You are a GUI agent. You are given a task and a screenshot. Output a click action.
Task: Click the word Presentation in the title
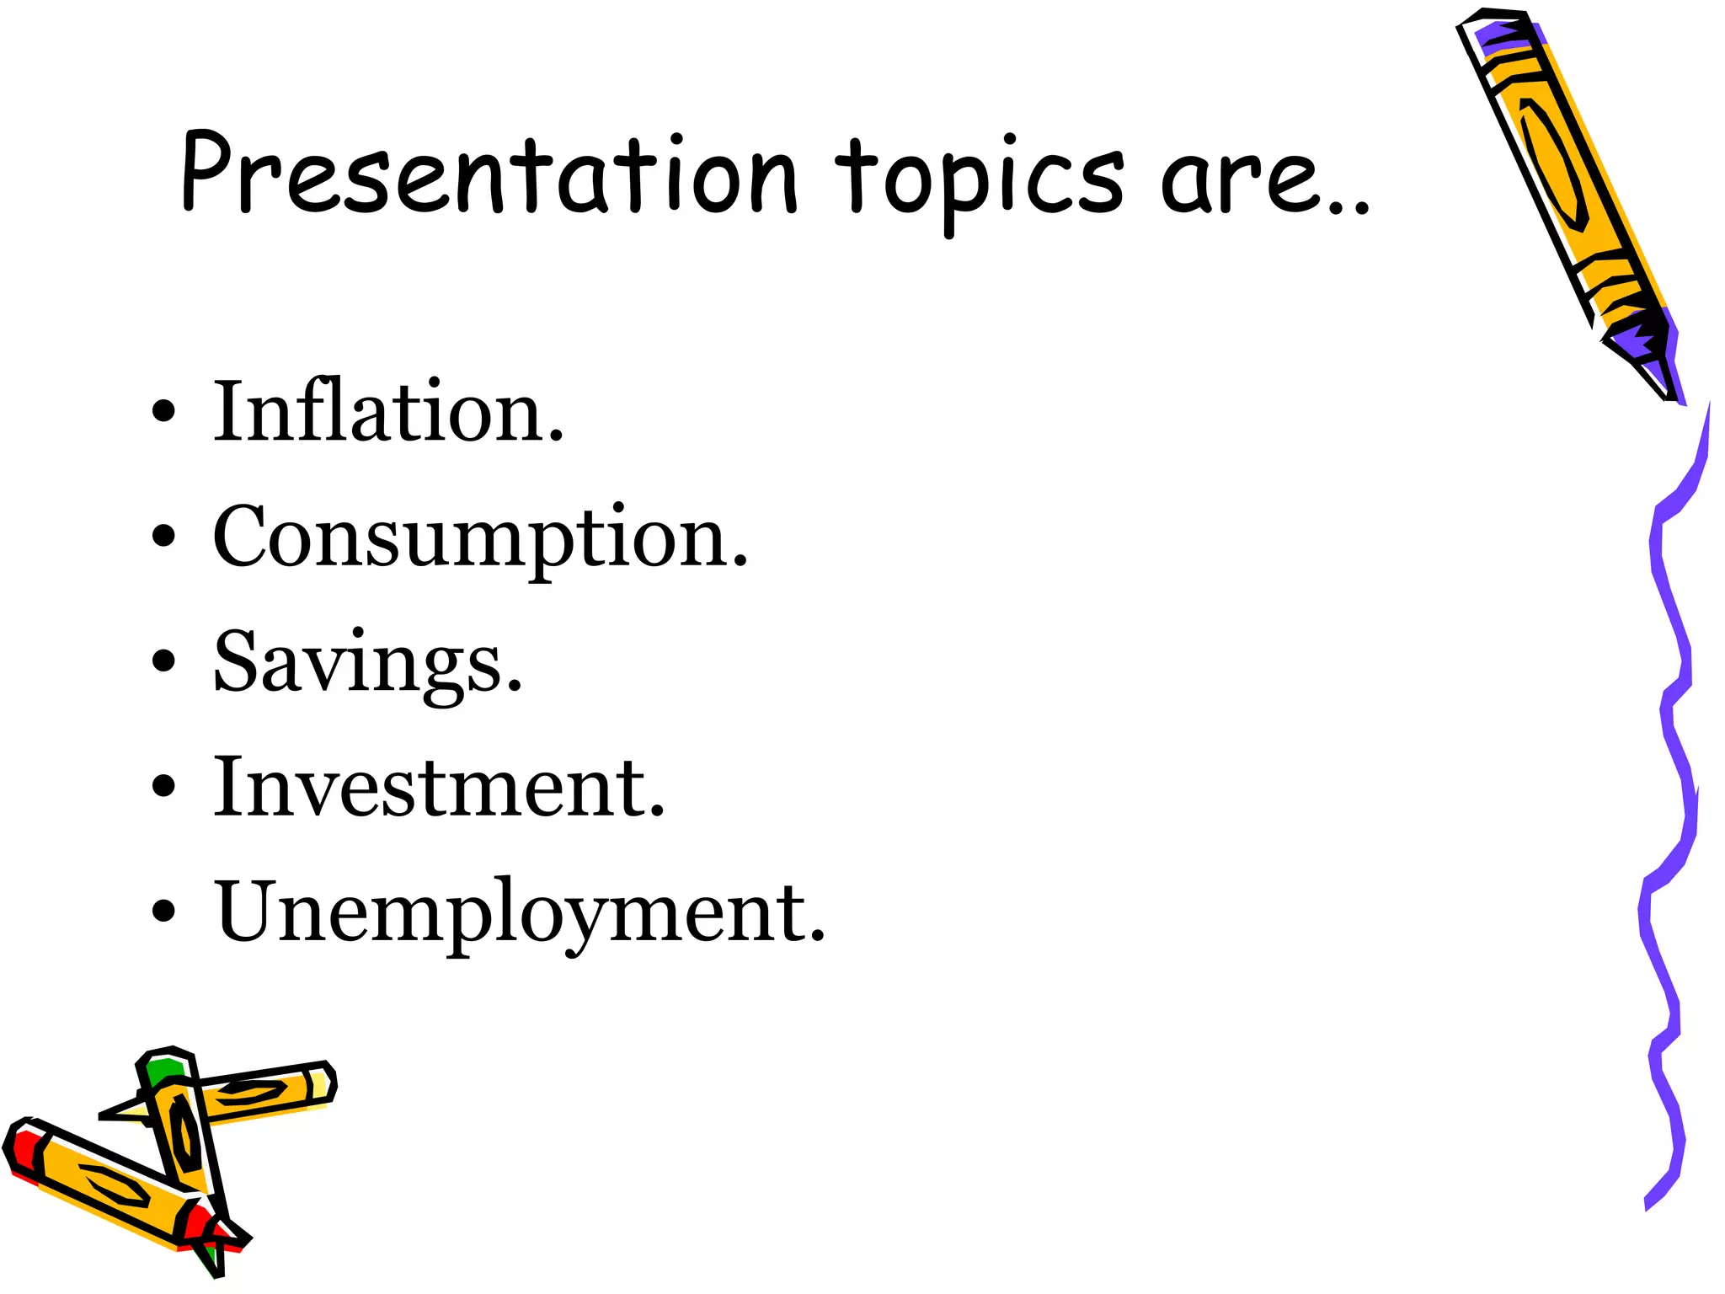click(489, 173)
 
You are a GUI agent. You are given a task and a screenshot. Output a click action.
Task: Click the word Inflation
click(387, 413)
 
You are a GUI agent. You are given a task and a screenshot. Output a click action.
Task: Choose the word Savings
click(367, 664)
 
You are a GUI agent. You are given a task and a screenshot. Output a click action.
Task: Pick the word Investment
click(438, 788)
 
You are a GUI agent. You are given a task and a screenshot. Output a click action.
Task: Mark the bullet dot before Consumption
click(164, 536)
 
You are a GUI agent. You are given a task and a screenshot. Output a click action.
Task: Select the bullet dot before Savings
click(164, 660)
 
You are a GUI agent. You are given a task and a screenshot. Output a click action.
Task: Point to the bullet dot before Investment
click(164, 785)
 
